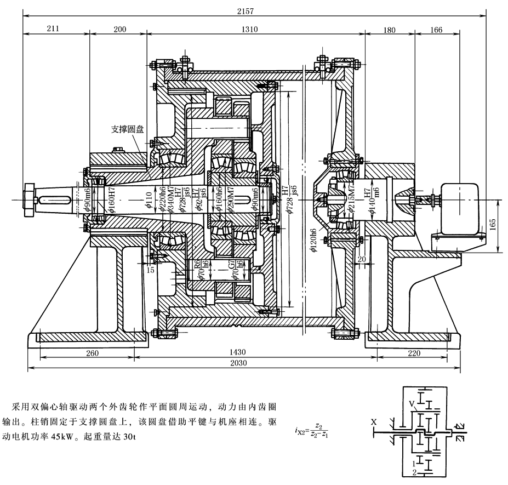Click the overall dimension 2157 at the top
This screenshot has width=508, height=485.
point(254,9)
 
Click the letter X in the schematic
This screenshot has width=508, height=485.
point(374,422)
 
